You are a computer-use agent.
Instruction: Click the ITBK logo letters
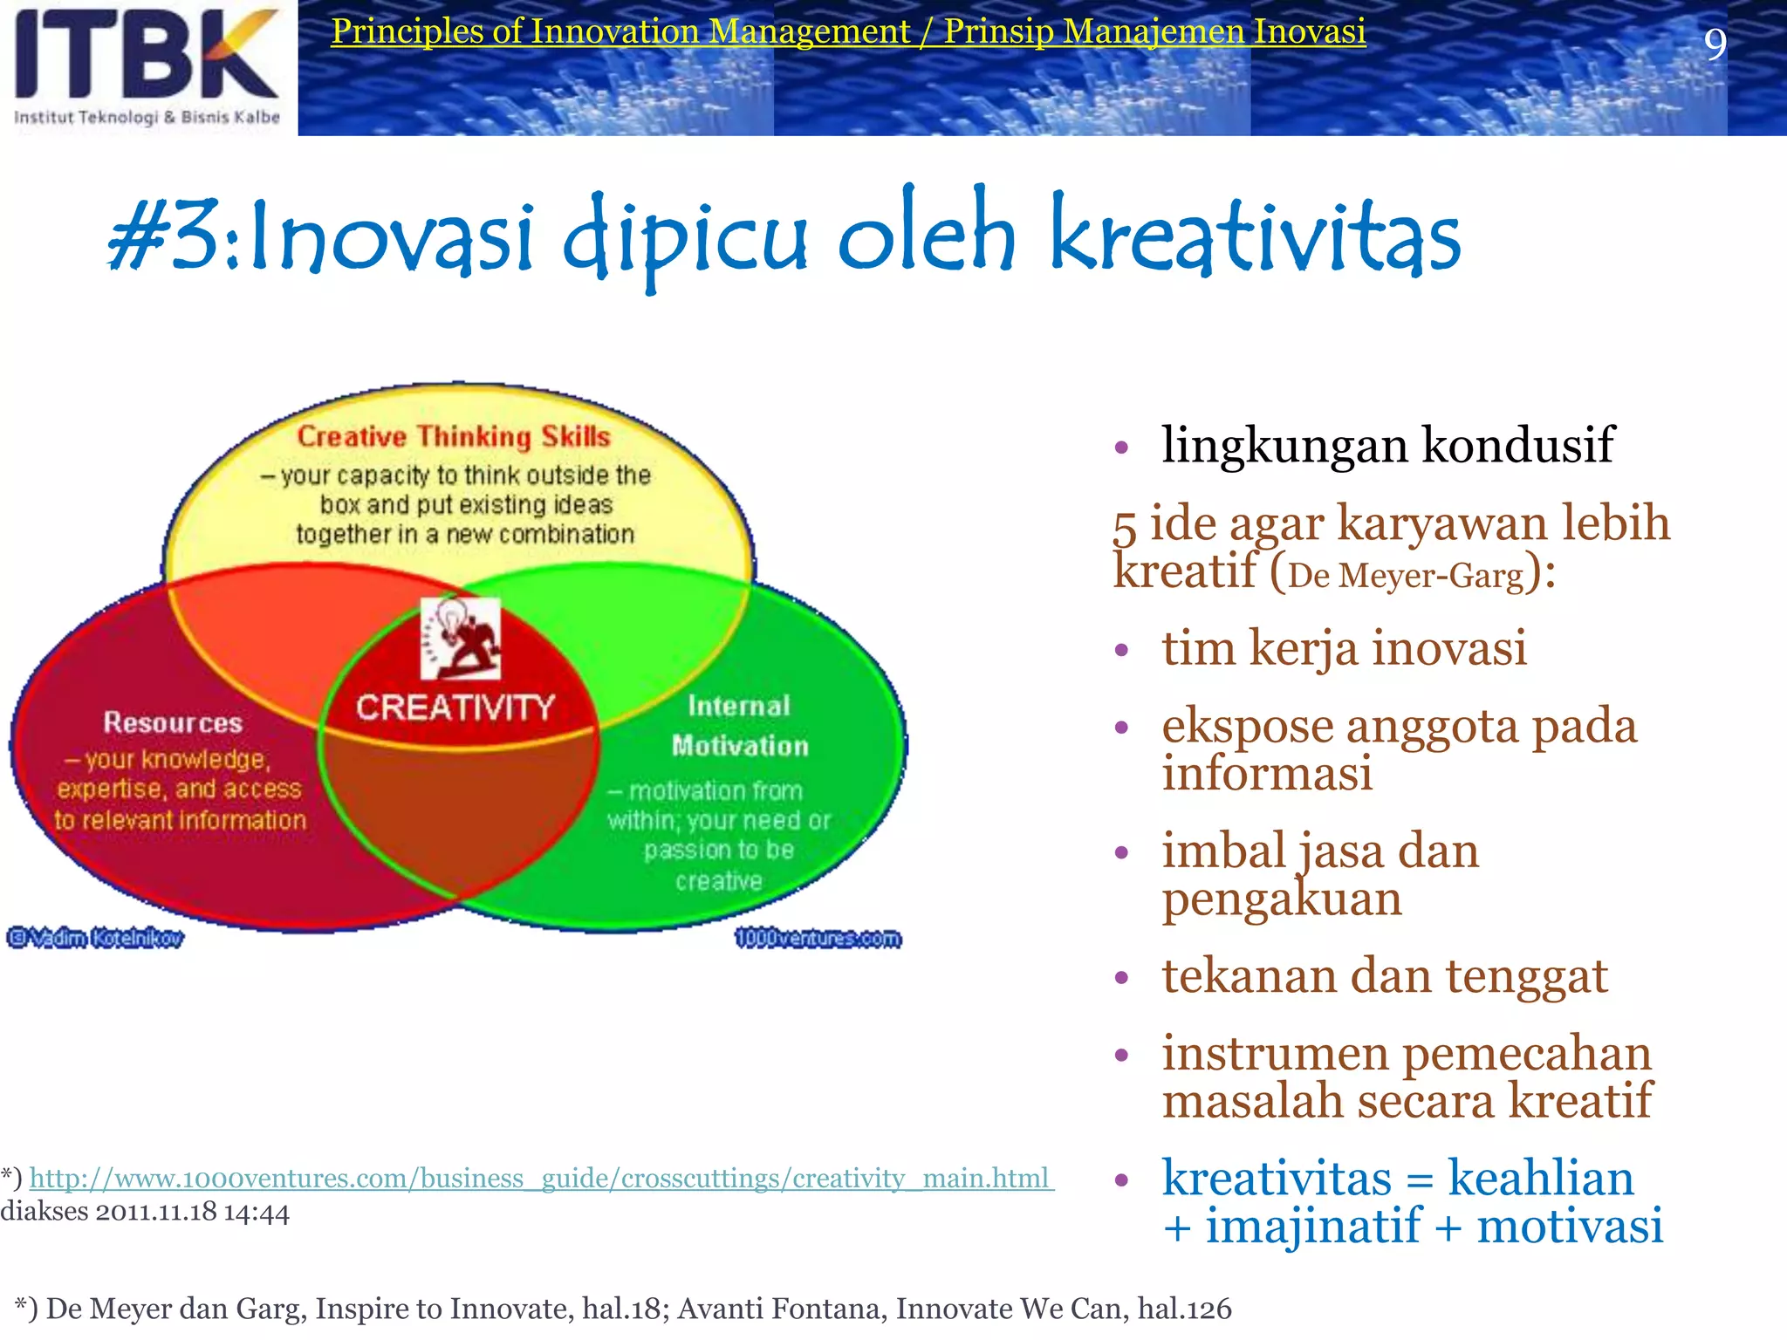coord(147,54)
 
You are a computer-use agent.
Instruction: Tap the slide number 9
coord(1715,44)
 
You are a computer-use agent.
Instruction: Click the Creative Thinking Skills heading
coord(454,436)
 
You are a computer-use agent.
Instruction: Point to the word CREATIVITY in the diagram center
coord(455,708)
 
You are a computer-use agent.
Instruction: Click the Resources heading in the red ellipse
coord(173,722)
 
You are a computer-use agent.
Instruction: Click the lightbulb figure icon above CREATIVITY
coord(461,638)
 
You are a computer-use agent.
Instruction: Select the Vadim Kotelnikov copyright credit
coord(96,938)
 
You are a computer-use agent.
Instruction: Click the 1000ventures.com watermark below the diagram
coord(818,939)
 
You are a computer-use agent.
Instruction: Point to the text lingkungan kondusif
coord(1387,445)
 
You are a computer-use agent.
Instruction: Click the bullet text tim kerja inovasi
coord(1344,648)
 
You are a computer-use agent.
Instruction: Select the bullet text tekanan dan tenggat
coord(1384,975)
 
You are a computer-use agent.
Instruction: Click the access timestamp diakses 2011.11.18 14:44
coord(145,1213)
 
